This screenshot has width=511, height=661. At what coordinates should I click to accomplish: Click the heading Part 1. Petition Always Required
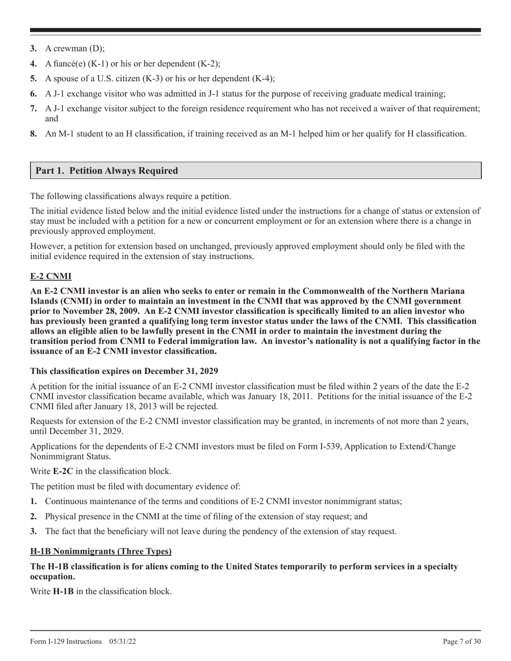pyautogui.click(x=107, y=171)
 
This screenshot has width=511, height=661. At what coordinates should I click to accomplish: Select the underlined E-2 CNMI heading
pyautogui.click(x=51, y=276)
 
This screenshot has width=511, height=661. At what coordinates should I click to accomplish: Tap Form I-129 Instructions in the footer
pyautogui.click(x=66, y=641)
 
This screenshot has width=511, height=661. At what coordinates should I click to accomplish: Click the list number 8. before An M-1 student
pyautogui.click(x=33, y=134)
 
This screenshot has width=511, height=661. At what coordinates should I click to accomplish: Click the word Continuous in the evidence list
pyautogui.click(x=66, y=501)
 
